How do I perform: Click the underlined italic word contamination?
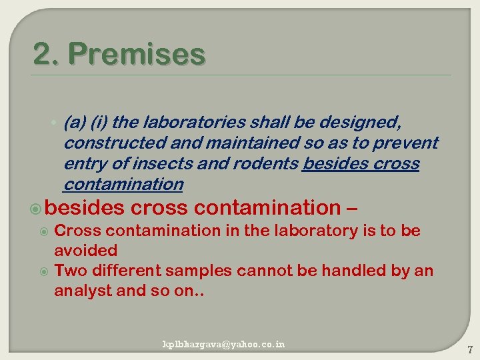(123, 184)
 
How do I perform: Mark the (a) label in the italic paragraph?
(74, 123)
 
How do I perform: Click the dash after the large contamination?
(353, 208)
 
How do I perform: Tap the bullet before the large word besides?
(39, 209)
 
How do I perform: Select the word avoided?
(85, 251)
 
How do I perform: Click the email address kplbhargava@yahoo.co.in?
(224, 344)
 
